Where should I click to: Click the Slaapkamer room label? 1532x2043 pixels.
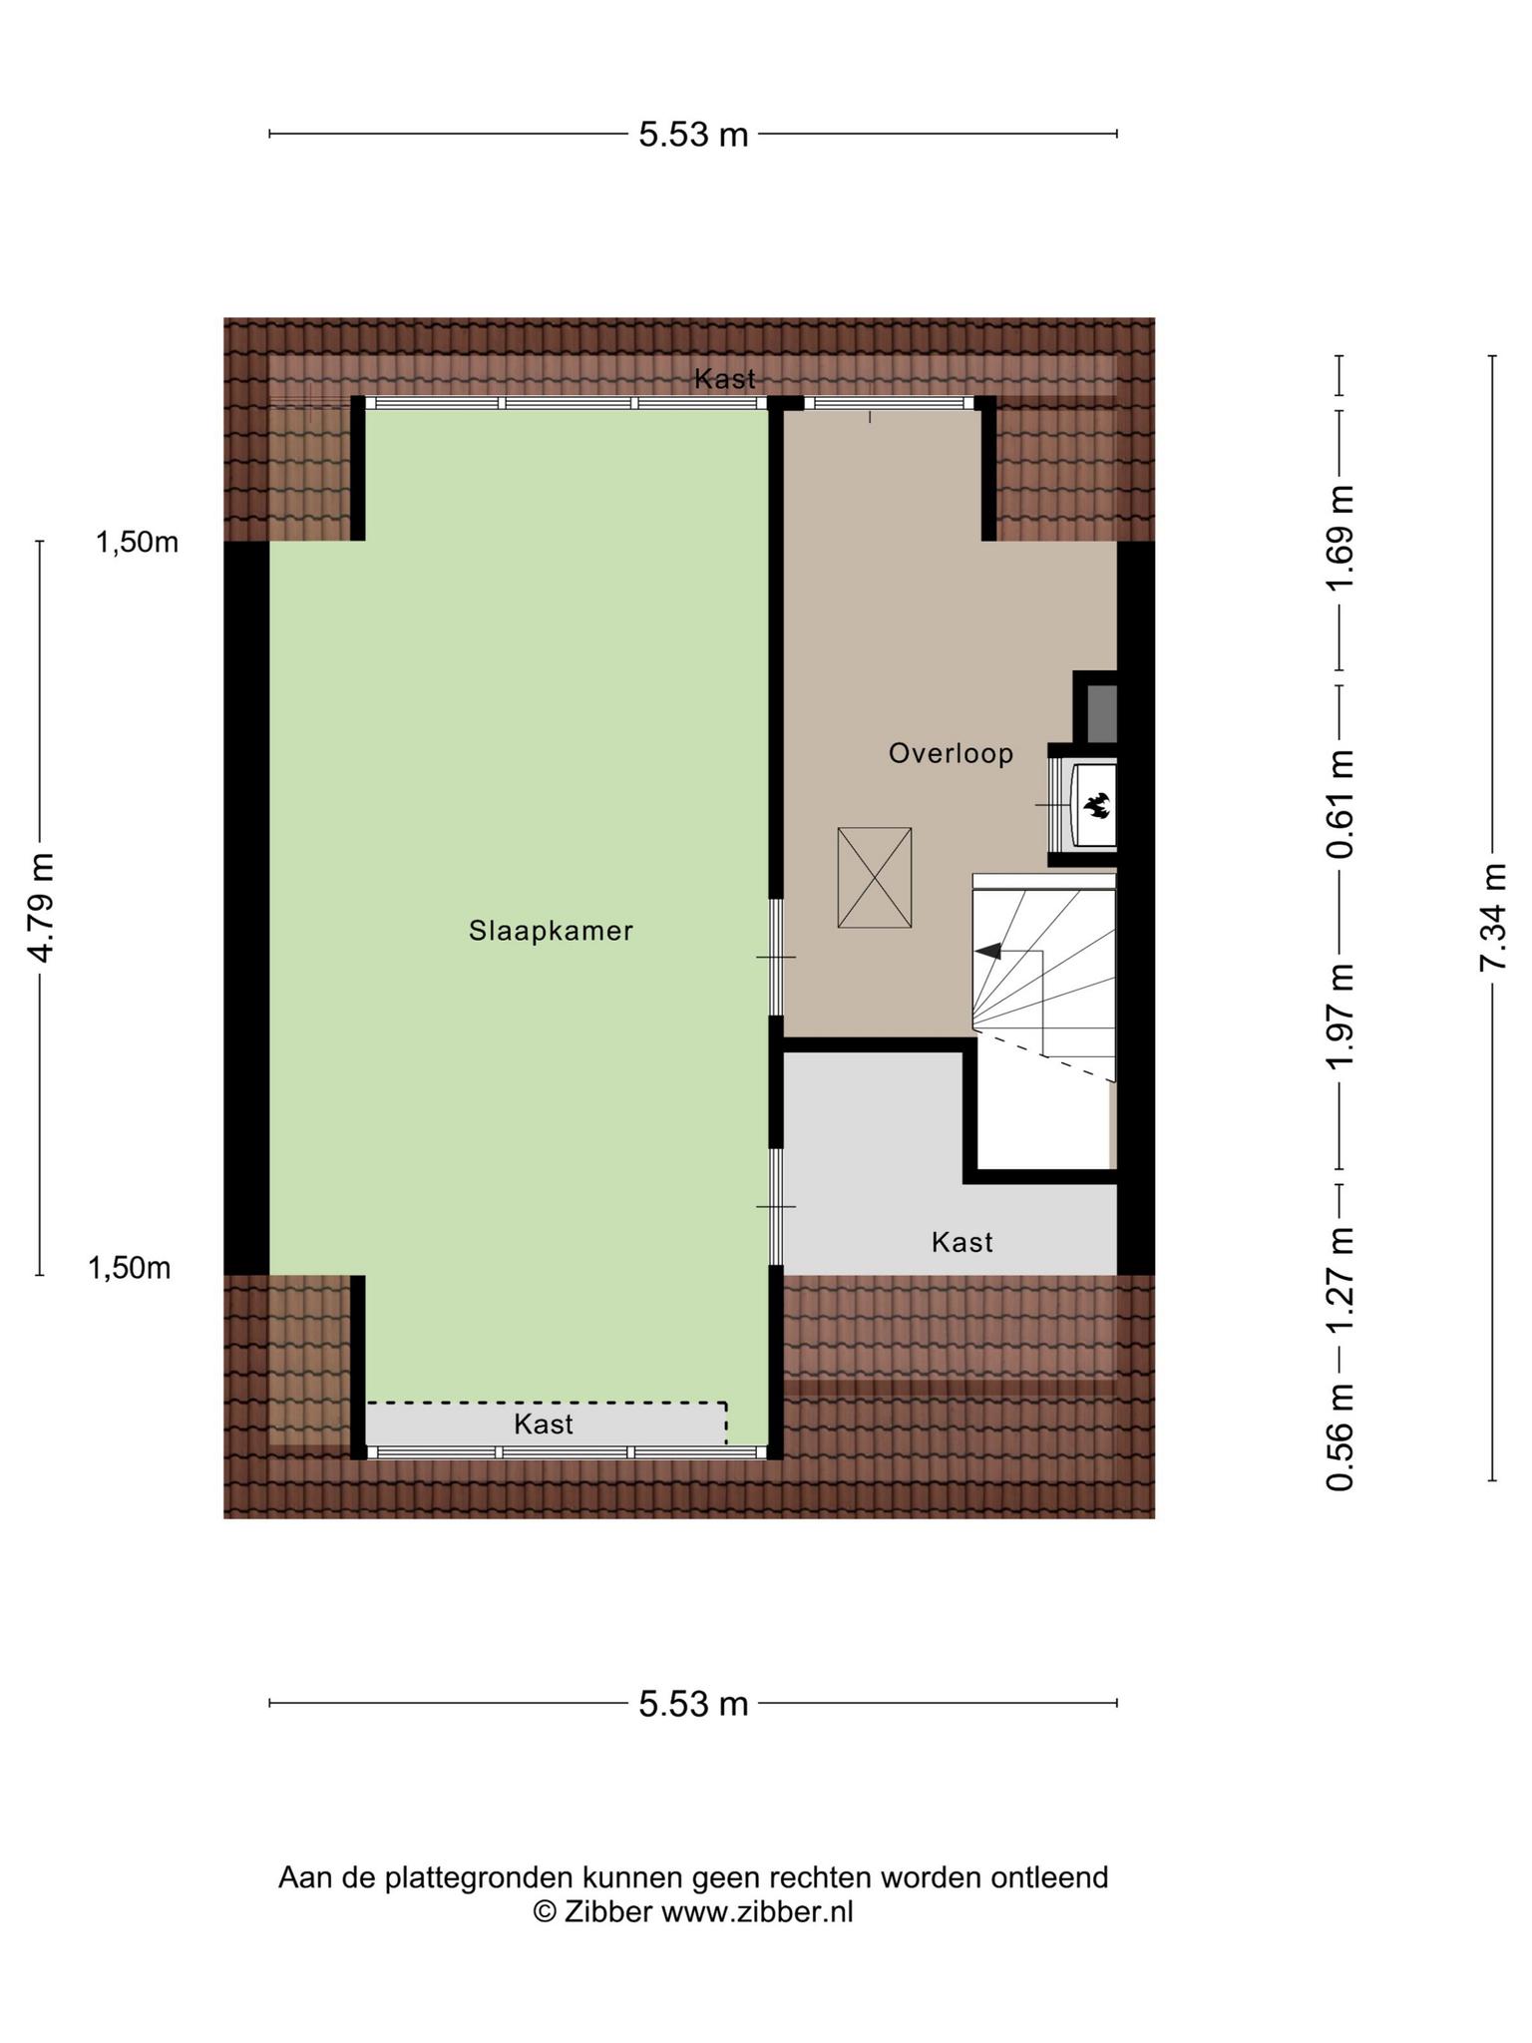(x=551, y=931)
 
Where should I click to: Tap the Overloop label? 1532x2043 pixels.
(x=951, y=753)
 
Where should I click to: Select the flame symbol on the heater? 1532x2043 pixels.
(x=1097, y=804)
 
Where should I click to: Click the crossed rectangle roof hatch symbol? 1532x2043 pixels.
(x=875, y=878)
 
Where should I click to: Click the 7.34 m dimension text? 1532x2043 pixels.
(x=1493, y=918)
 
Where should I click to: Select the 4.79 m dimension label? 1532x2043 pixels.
(x=41, y=908)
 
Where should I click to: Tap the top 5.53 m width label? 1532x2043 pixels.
(x=693, y=134)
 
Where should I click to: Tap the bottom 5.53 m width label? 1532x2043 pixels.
(x=693, y=1704)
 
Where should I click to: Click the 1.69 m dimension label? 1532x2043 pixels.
(x=1340, y=539)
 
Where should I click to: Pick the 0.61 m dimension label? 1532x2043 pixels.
(x=1340, y=804)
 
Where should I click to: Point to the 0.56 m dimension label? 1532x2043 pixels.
(x=1340, y=1436)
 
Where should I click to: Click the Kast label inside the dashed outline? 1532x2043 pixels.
(x=544, y=1424)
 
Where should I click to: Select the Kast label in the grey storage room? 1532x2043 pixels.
(x=962, y=1242)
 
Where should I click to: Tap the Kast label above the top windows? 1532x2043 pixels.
(x=725, y=379)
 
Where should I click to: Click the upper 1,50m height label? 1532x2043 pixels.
(x=138, y=543)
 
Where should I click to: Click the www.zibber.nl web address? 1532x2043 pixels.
(x=758, y=1911)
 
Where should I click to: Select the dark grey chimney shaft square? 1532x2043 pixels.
(x=1100, y=713)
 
